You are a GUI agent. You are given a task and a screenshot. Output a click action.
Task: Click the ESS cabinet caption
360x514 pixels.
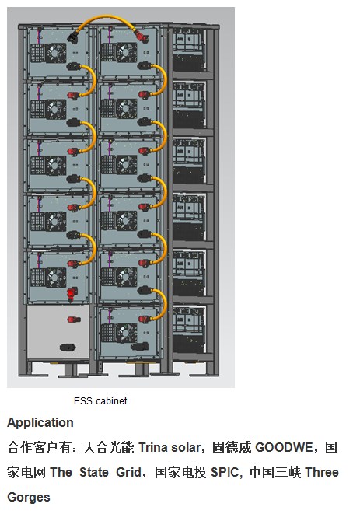point(100,401)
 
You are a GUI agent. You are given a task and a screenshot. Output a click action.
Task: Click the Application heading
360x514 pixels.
point(40,422)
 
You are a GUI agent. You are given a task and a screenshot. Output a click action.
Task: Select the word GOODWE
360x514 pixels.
point(284,447)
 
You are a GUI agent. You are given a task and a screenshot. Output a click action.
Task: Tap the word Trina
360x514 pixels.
point(153,447)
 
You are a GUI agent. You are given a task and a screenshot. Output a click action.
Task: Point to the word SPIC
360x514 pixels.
point(224,472)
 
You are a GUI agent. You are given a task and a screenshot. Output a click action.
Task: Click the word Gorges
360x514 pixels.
point(29,498)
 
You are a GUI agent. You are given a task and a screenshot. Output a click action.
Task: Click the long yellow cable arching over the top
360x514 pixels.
point(107,18)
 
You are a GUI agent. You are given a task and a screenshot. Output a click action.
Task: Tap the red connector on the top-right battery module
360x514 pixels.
point(142,37)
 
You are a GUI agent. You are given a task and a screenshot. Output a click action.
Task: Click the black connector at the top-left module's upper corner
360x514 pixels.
point(73,37)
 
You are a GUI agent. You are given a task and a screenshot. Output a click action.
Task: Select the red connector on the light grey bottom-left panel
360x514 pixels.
point(74,320)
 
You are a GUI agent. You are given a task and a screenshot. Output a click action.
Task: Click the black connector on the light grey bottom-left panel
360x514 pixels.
point(68,348)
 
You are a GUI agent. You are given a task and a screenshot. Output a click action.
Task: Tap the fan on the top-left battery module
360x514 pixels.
point(56,53)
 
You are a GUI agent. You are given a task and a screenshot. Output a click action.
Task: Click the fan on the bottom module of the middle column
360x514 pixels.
point(126,333)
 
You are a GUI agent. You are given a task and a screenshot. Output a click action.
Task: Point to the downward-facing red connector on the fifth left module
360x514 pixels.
point(72,293)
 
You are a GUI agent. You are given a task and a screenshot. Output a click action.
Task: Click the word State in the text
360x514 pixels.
point(94,472)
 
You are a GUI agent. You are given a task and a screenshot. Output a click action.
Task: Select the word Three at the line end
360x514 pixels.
point(322,472)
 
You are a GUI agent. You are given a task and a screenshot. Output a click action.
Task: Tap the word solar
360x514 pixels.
point(186,447)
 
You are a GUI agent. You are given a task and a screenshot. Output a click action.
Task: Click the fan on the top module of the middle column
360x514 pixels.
point(126,52)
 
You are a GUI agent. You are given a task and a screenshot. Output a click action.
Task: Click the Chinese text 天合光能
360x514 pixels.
point(109,447)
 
